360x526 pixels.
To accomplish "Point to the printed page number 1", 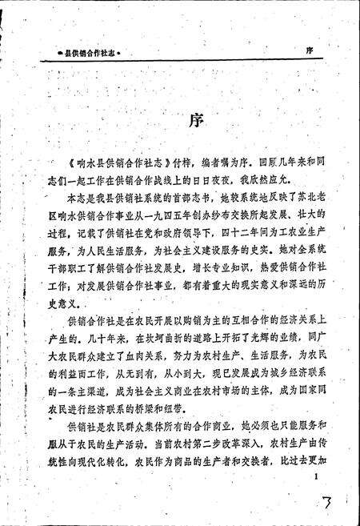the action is coord(318,477).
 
